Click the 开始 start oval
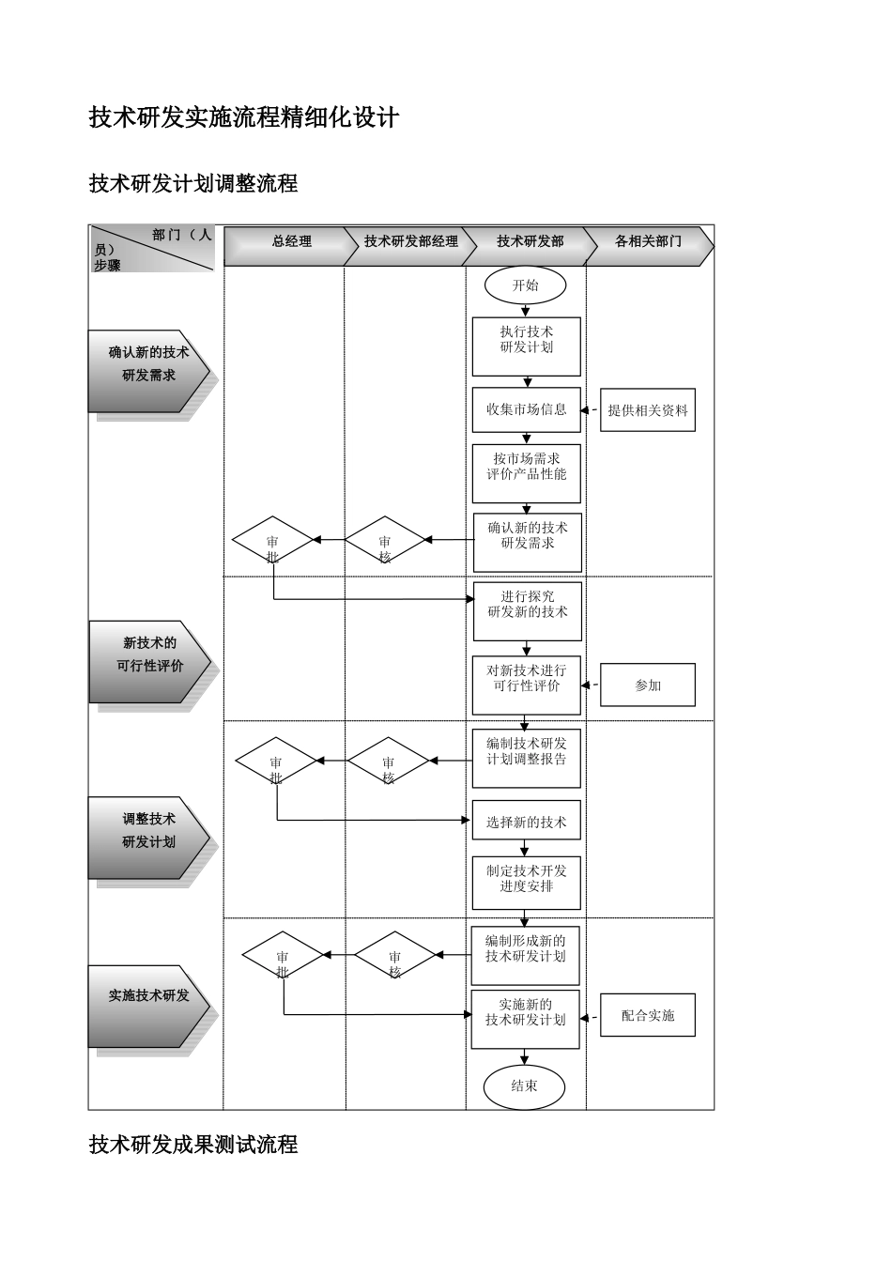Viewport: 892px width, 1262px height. point(526,285)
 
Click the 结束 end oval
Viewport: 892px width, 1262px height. point(524,1086)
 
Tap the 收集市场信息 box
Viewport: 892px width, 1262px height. point(527,409)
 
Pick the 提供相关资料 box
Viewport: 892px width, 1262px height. point(648,410)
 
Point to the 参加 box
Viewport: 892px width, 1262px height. point(648,685)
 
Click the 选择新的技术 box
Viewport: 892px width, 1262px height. point(527,822)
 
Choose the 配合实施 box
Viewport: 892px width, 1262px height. point(648,1015)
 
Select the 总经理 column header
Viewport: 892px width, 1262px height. point(292,242)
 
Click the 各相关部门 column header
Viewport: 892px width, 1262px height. point(649,242)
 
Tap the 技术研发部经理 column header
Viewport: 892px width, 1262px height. point(411,242)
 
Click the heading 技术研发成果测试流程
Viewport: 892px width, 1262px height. point(193,1145)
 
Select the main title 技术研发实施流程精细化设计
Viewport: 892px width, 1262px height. point(244,117)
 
